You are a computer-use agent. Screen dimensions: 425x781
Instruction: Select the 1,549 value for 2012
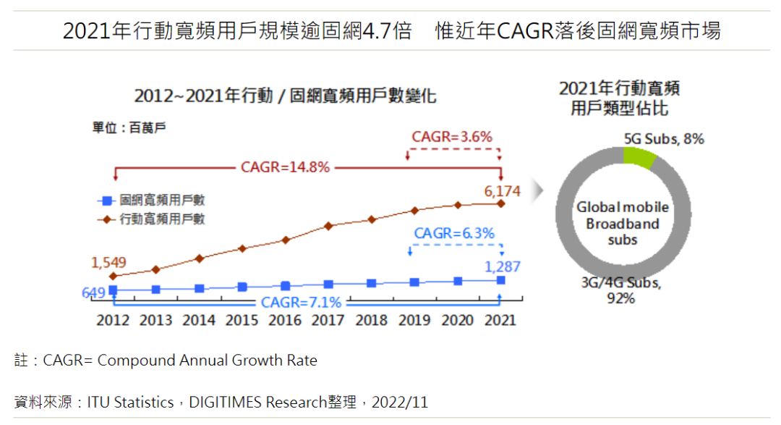108,262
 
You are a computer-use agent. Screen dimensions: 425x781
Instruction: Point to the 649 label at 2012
93,293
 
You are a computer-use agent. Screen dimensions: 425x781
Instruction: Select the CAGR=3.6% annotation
452,136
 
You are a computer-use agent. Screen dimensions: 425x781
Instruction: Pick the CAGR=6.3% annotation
454,233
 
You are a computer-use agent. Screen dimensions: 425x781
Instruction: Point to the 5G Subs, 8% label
664,138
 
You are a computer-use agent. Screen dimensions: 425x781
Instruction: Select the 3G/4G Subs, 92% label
620,290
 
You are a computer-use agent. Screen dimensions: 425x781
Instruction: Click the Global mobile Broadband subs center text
622,223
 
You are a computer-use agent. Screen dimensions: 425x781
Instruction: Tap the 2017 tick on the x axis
328,320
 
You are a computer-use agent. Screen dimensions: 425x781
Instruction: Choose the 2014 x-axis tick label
199,320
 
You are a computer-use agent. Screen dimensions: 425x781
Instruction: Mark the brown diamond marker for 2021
501,203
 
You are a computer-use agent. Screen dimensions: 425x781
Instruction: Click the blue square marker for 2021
501,280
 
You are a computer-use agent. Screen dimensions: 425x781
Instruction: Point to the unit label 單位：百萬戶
129,127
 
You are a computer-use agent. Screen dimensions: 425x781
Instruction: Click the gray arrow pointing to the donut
537,190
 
